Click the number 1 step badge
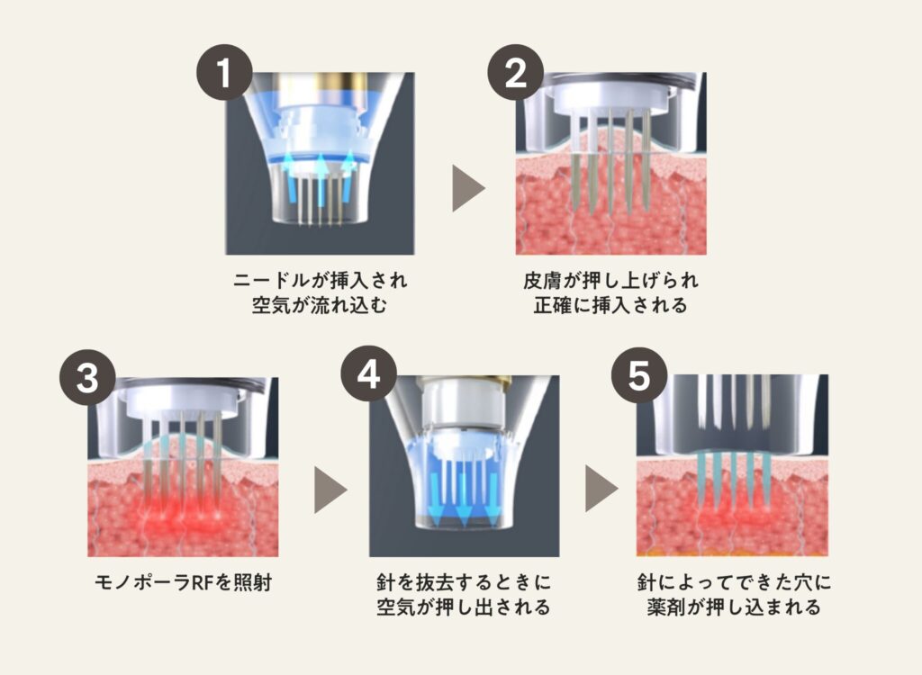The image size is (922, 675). (x=224, y=73)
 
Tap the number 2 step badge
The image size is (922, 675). (x=516, y=73)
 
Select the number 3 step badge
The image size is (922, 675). (x=87, y=377)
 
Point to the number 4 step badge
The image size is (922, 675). (x=368, y=374)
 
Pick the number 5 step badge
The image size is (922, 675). (x=640, y=374)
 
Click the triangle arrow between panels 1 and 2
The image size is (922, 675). (x=468, y=188)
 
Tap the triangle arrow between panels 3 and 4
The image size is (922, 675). (x=330, y=490)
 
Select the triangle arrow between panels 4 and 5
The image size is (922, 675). (x=601, y=488)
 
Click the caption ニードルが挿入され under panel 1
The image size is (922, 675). (x=321, y=281)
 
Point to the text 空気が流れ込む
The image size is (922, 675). (x=321, y=306)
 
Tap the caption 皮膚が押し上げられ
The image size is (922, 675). (x=611, y=281)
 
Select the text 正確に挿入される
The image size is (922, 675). (x=611, y=306)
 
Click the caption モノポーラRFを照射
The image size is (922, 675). (x=184, y=582)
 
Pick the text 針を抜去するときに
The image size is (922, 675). (x=464, y=582)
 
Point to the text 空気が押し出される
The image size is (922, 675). (x=464, y=607)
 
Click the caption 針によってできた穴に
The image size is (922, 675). (x=735, y=582)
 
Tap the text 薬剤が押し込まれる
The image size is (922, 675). (x=735, y=607)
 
